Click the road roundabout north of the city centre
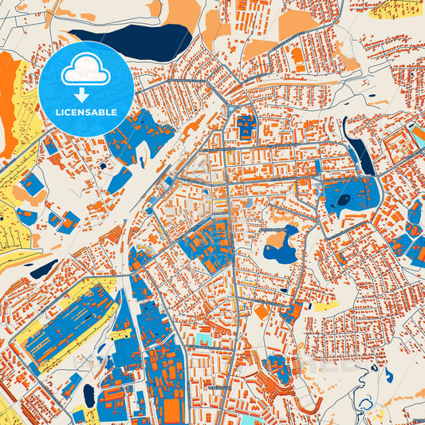[x=232, y=109]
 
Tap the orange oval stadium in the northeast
[x=297, y=56]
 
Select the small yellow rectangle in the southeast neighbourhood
[x=325, y=306]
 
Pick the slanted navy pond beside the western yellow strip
[x=43, y=268]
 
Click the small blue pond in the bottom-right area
[x=388, y=375]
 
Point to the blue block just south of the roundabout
[x=246, y=126]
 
